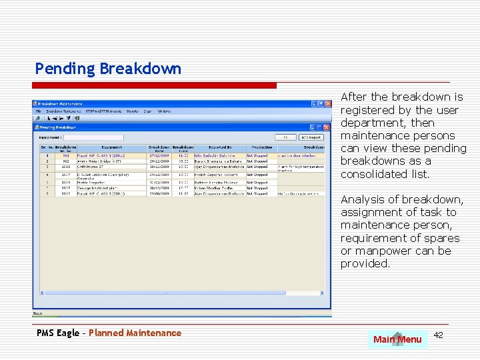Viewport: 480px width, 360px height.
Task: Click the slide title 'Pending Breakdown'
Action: click(108, 69)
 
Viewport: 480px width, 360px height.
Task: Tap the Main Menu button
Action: click(397, 339)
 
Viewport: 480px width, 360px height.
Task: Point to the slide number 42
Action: click(438, 335)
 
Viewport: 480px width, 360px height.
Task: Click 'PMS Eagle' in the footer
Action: click(58, 333)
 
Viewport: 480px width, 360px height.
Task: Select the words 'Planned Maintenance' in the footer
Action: click(135, 333)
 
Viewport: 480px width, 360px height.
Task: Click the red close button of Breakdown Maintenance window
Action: click(327, 104)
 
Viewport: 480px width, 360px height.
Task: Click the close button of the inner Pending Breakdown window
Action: click(327, 127)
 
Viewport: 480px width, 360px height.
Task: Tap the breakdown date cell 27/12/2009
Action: click(159, 155)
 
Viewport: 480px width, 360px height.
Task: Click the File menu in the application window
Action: click(39, 111)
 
